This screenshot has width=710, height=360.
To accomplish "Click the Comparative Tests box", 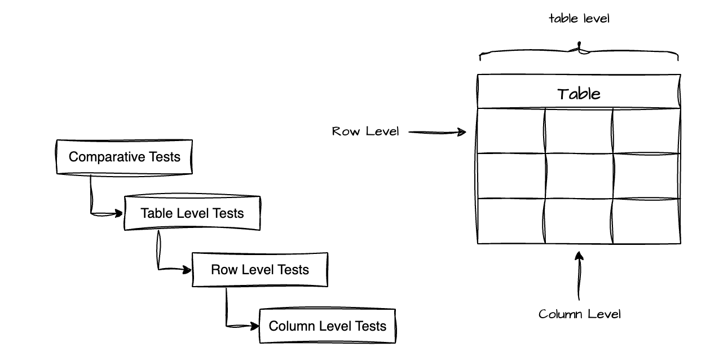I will [x=124, y=157].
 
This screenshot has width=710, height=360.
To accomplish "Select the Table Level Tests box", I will [x=192, y=213].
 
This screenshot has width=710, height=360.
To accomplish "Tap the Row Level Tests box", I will [x=259, y=270].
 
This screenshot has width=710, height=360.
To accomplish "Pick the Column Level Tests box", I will [x=327, y=326].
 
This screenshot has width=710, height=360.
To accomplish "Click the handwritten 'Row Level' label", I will [x=365, y=132].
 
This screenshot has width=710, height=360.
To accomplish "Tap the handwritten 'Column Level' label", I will [x=579, y=314].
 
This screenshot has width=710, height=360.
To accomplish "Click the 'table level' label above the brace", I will [x=579, y=19].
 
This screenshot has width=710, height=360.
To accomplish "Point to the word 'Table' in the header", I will [x=579, y=94].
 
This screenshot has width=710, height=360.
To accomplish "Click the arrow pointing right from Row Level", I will [x=437, y=133].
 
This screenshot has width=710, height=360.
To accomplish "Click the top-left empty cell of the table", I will [x=511, y=130].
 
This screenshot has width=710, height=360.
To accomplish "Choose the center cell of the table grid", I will [x=579, y=175].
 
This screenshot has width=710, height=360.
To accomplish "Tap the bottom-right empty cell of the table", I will [x=646, y=221].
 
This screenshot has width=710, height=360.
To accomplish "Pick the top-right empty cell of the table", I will [x=646, y=130].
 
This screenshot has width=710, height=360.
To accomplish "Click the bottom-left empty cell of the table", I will [x=511, y=221].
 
